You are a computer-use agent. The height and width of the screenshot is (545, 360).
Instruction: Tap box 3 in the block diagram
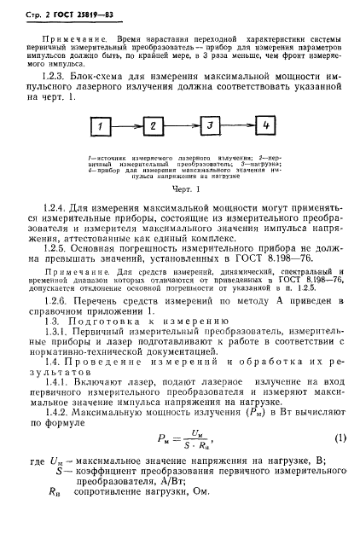pyautogui.click(x=207, y=127)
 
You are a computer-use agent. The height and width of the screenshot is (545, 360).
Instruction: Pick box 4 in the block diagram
pyautogui.click(x=266, y=127)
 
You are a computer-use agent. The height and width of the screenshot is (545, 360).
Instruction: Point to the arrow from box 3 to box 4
pyautogui.click(x=237, y=127)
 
